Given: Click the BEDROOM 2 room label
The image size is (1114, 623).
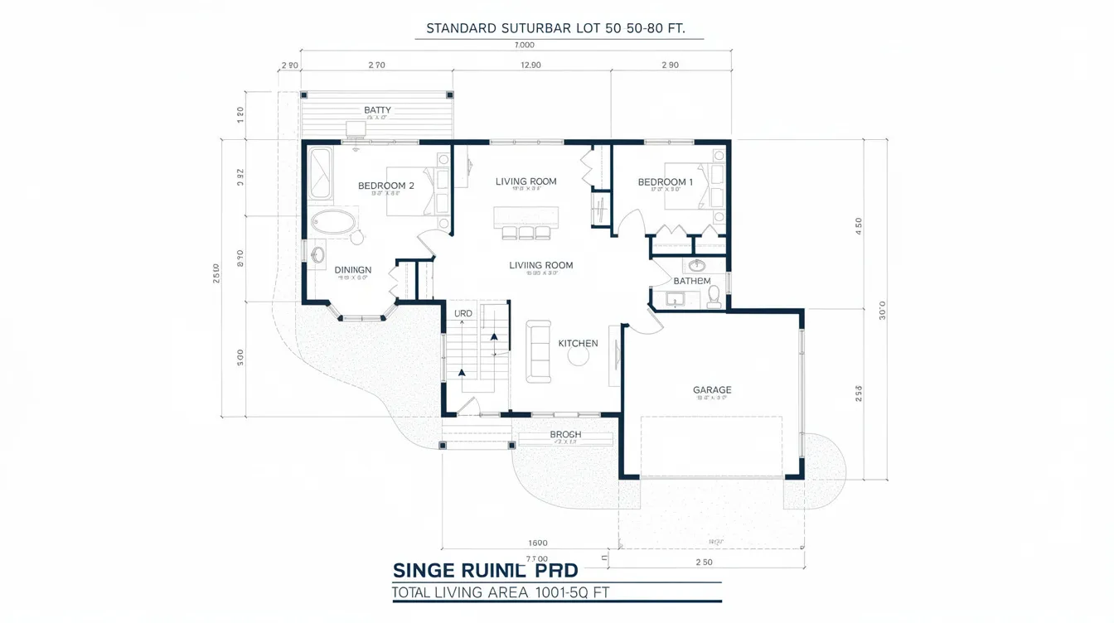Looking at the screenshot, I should click(385, 186).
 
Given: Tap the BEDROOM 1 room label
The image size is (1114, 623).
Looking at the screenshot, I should click(665, 182).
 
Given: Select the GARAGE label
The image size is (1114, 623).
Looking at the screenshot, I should click(712, 389).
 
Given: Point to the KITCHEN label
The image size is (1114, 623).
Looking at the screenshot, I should click(578, 343).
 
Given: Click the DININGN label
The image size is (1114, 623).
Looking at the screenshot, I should click(353, 269).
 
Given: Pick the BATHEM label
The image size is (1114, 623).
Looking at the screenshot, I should click(691, 281).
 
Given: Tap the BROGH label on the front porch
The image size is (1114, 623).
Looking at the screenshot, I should click(565, 434).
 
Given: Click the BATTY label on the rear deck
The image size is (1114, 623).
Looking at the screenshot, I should click(377, 110).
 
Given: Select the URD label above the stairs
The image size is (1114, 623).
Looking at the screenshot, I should click(463, 313).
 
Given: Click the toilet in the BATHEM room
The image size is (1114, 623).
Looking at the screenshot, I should click(714, 297).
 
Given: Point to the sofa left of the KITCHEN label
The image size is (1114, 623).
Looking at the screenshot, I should click(539, 351).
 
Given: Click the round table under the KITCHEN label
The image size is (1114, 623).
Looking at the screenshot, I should click(577, 357).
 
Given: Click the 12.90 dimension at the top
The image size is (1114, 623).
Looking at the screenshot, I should click(530, 65).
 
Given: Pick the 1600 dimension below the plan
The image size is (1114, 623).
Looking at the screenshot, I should click(538, 543).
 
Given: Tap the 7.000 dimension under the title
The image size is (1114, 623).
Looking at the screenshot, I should click(524, 46).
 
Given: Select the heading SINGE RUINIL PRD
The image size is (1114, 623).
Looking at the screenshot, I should click(485, 571).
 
